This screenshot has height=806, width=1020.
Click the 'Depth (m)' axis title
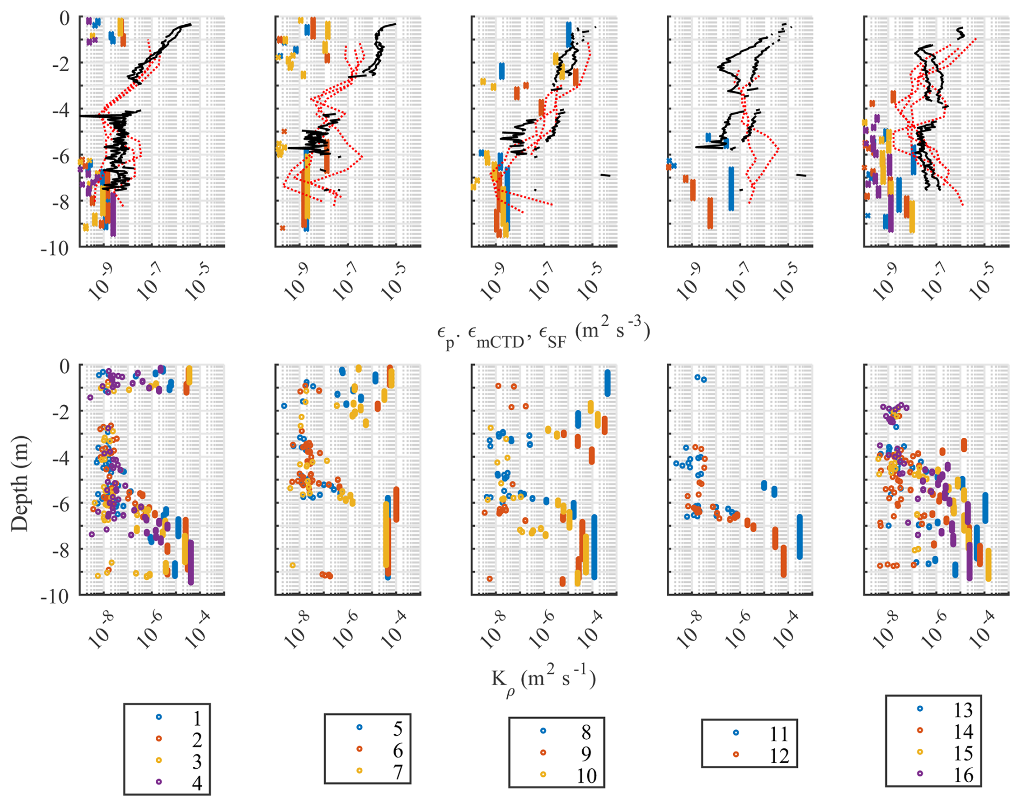point(20,484)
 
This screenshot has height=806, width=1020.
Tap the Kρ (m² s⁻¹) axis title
point(543,681)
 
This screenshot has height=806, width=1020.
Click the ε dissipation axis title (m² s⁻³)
point(543,332)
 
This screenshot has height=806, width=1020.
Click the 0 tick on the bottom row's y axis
point(64,366)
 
